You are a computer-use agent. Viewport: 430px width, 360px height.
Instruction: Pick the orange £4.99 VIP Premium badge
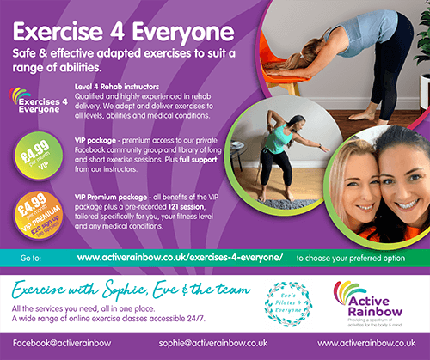click(x=32, y=212)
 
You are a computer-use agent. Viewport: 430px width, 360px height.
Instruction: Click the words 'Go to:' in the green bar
click(x=29, y=257)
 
